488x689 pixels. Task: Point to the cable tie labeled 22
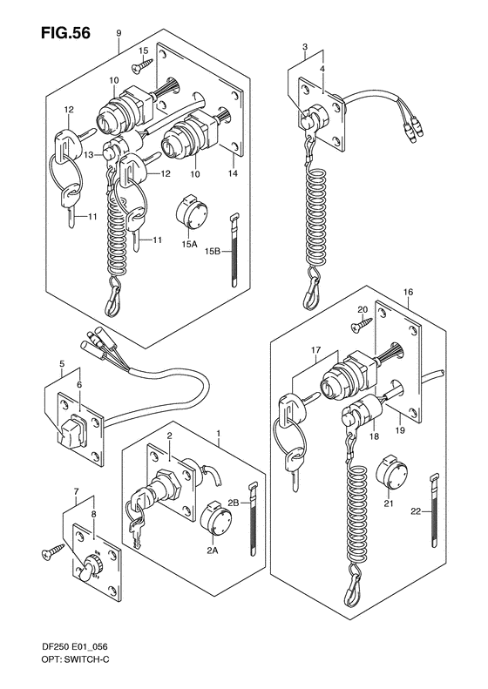point(433,509)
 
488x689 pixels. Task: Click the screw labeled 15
point(140,64)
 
